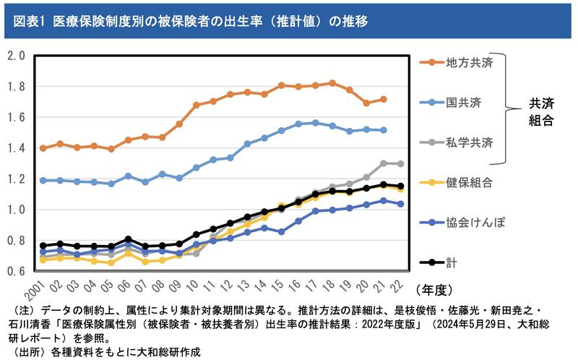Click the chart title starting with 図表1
coord(191,21)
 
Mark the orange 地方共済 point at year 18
coord(332,83)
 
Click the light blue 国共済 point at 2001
coord(43,180)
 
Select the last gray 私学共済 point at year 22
coord(401,163)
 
